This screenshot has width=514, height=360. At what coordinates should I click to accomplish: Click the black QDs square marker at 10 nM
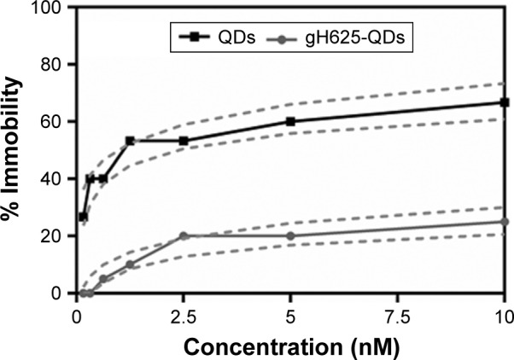(505, 102)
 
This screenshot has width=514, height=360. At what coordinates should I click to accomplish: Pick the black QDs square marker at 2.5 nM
(184, 141)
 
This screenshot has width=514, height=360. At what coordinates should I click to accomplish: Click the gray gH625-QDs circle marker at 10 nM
(505, 222)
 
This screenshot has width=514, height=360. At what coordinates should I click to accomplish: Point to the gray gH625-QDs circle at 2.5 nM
(184, 235)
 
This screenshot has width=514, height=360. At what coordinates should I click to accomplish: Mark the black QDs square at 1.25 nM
(130, 141)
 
